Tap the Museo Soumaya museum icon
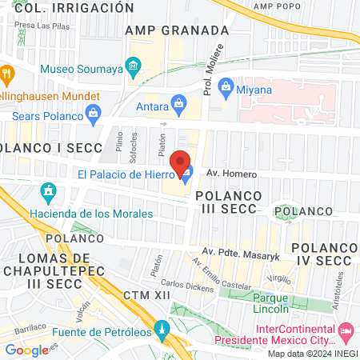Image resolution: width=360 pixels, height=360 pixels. click(134, 65)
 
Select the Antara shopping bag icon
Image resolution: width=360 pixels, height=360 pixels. click(180, 103)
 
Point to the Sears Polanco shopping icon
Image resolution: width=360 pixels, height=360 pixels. click(94, 112)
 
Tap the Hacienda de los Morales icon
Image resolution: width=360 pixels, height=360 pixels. click(49, 192)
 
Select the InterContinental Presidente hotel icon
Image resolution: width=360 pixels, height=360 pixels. click(346, 330)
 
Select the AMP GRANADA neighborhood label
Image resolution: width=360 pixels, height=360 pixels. click(178, 30)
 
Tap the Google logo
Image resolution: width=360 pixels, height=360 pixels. click(26, 350)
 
